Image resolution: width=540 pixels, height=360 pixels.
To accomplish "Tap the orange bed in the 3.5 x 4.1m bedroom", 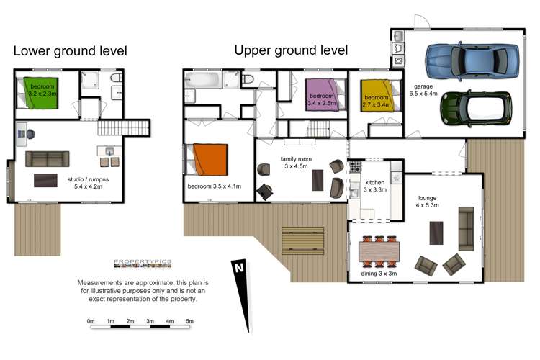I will click(x=210, y=160).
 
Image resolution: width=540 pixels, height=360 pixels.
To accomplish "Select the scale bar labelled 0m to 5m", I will click(x=140, y=327).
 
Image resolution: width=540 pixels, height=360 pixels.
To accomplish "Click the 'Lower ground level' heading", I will click(x=71, y=51).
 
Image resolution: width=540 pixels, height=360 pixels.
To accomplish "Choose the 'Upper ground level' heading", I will click(x=291, y=50).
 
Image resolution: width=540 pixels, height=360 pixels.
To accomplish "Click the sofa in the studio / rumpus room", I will click(x=48, y=159).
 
